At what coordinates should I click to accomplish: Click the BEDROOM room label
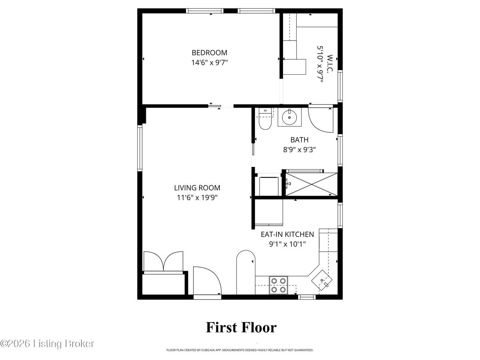point(209,52)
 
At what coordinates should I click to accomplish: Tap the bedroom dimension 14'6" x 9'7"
point(210,63)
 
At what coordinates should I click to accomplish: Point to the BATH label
point(299,139)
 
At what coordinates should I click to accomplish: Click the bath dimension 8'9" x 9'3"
point(299,150)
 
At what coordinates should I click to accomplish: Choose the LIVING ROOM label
point(197,188)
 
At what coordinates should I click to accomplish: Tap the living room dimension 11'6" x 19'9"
point(197,198)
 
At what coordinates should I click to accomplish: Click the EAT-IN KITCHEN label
point(287,234)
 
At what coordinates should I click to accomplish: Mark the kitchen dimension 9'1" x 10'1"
point(287,244)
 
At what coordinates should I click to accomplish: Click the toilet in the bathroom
point(265,119)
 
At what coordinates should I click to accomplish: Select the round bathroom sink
point(289,117)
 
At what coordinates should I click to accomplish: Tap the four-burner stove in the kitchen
point(278,285)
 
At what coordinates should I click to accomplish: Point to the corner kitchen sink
point(322,280)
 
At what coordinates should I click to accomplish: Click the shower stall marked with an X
point(311,184)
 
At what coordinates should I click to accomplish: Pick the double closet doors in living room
point(163,261)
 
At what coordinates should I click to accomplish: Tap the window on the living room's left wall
point(140,148)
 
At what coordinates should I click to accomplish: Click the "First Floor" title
point(241,327)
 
